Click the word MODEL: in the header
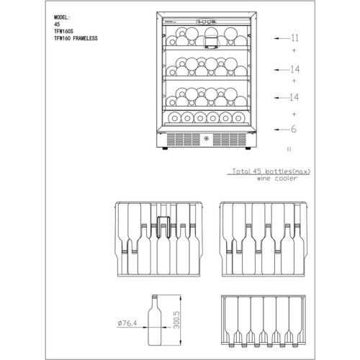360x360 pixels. pyautogui.click(x=62, y=17)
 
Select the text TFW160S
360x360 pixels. pyautogui.click(x=63, y=31)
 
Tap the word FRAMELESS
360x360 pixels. pyautogui.click(x=85, y=38)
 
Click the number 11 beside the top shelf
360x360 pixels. pyautogui.click(x=294, y=38)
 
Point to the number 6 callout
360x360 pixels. pyautogui.click(x=294, y=129)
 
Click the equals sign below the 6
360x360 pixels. pyautogui.click(x=289, y=149)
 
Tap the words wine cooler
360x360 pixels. pyautogui.click(x=277, y=179)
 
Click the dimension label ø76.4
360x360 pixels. pyautogui.click(x=127, y=323)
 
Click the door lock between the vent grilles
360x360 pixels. pyautogui.click(x=207, y=138)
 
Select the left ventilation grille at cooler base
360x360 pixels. pyautogui.click(x=184, y=140)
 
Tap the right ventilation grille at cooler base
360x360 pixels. pyautogui.click(x=229, y=140)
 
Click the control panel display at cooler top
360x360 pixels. pyautogui.click(x=207, y=22)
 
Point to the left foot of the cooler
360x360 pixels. pyautogui.click(x=165, y=148)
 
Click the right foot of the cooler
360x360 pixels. pyautogui.click(x=248, y=148)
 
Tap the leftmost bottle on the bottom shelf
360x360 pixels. pyautogui.click(x=174, y=118)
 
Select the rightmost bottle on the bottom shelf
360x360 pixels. pyautogui.click(x=238, y=118)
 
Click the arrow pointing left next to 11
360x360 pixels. pyautogui.click(x=282, y=38)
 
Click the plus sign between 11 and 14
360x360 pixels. pyautogui.click(x=294, y=50)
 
